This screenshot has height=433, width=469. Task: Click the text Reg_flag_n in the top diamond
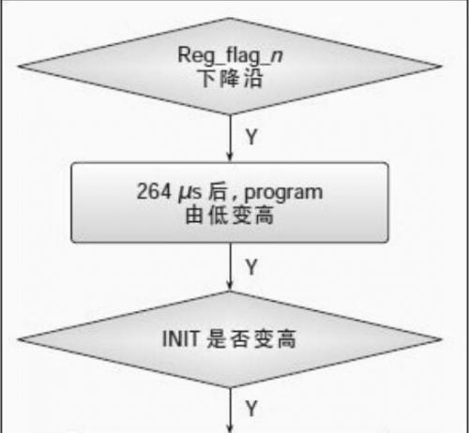coord(230,56)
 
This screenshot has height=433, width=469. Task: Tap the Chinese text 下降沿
coord(230,79)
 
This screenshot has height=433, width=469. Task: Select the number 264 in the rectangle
coord(154,191)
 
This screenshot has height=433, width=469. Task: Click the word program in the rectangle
coord(283,194)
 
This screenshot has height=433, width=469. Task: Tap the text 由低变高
coord(230,215)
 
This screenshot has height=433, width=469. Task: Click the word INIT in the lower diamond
coord(180,338)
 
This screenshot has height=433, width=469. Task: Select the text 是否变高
coord(251,339)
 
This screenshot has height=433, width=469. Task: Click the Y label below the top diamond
coord(251,137)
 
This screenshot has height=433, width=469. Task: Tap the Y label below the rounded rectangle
coord(251,267)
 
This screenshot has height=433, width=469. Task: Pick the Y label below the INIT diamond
coord(251,408)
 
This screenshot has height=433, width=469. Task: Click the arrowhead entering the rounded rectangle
coord(230,157)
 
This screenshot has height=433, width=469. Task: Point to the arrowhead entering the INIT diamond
coord(230,286)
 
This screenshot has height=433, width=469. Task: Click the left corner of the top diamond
coord(18,67)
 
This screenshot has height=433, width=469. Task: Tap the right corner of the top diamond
coord(442,67)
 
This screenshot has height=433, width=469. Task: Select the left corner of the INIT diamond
coord(18,339)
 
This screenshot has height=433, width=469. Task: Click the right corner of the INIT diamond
coord(442,339)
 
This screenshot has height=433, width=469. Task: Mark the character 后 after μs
coord(217,191)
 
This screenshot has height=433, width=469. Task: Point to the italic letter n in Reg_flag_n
coord(277,56)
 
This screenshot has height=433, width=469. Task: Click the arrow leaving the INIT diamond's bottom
coord(230,411)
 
